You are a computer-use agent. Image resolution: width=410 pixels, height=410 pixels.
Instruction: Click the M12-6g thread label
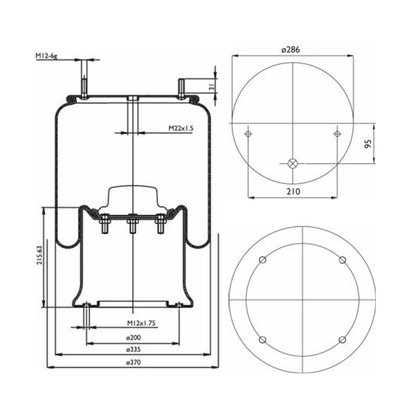tap(46, 56)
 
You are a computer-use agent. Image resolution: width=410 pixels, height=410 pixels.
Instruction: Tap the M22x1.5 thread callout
tap(180, 128)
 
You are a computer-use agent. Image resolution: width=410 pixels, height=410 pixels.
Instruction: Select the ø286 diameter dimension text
tap(291, 50)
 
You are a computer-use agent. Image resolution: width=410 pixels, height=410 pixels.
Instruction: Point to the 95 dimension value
tap(368, 144)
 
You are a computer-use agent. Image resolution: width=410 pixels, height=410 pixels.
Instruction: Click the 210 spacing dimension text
tap(293, 192)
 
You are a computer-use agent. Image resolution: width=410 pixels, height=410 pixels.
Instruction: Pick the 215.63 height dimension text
tap(40, 255)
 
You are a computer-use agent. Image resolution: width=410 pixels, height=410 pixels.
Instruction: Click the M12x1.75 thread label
tap(141, 323)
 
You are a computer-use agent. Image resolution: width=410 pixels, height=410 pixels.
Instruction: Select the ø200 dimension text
tap(133, 337)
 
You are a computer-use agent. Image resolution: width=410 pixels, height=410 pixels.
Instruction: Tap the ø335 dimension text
tap(133, 349)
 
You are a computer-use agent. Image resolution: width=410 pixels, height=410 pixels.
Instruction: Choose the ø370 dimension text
tap(133, 362)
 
